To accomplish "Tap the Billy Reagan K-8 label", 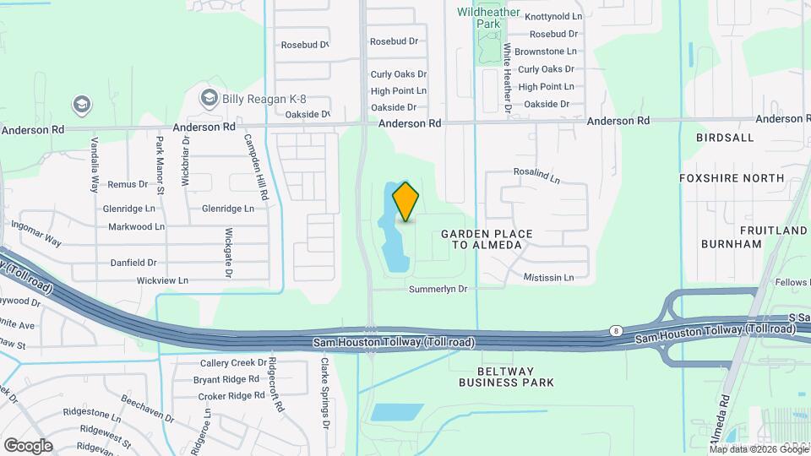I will tap(256, 99).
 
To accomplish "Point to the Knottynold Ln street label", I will tap(553, 17).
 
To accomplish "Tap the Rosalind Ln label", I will tap(536, 176).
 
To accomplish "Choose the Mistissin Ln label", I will tap(548, 277).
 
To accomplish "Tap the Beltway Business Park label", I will tap(506, 377).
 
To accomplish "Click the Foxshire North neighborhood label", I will tap(732, 178).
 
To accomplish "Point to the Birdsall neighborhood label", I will tap(724, 137).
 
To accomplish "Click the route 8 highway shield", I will tap(615, 332).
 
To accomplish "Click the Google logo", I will tap(28, 446).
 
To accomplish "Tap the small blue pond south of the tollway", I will tap(397, 412).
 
